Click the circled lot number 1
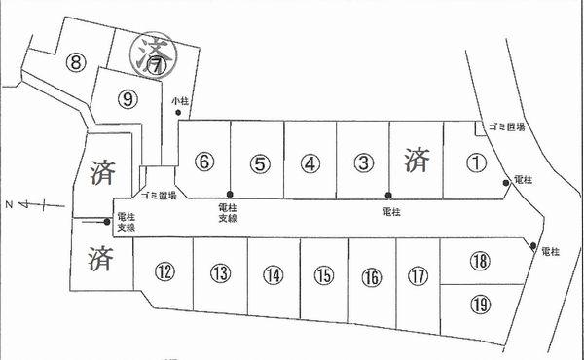(475, 163)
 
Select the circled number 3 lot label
(361, 163)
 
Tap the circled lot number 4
(309, 163)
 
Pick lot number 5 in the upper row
(257, 163)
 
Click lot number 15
(324, 276)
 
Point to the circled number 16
(371, 277)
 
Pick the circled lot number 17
(418, 276)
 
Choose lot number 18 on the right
(478, 261)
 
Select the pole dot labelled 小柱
(178, 113)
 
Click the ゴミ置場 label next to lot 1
(507, 127)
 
